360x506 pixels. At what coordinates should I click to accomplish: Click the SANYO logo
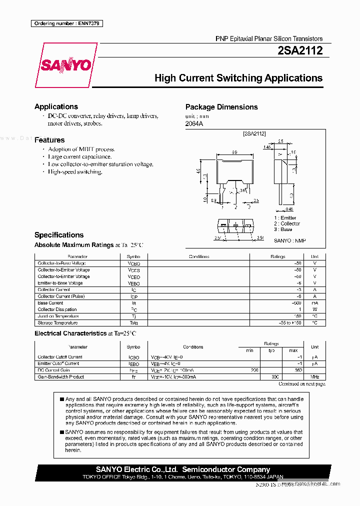pyautogui.click(x=66, y=65)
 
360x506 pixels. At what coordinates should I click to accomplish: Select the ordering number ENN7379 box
pyautogui.click(x=66, y=23)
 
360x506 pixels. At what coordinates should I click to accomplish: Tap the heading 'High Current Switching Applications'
pyautogui.click(x=238, y=78)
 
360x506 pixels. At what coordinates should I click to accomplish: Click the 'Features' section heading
pyautogui.click(x=49, y=140)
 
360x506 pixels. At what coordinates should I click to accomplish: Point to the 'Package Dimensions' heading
pyautogui.click(x=221, y=107)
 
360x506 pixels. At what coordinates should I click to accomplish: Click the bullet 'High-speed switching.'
pyautogui.click(x=75, y=171)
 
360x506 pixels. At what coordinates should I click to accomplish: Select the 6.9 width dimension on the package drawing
pyautogui.click(x=234, y=152)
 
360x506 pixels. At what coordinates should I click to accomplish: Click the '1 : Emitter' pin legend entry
pyautogui.click(x=285, y=218)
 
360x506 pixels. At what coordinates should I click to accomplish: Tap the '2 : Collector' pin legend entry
pyautogui.click(x=287, y=223)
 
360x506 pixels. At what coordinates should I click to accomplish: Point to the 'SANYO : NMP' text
pyautogui.click(x=289, y=240)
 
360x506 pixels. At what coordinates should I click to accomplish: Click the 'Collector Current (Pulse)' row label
pyautogui.click(x=61, y=296)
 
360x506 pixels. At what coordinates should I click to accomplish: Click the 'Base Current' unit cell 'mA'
pyautogui.click(x=314, y=303)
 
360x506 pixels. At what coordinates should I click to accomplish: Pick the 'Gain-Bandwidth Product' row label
pyautogui.click(x=61, y=376)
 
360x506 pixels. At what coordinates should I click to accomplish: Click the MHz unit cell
pyautogui.click(x=314, y=376)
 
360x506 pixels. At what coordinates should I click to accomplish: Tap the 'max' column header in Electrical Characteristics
pyautogui.click(x=293, y=350)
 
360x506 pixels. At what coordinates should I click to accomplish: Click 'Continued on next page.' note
pyautogui.click(x=301, y=384)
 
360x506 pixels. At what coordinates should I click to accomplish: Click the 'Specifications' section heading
pyautogui.click(x=59, y=235)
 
